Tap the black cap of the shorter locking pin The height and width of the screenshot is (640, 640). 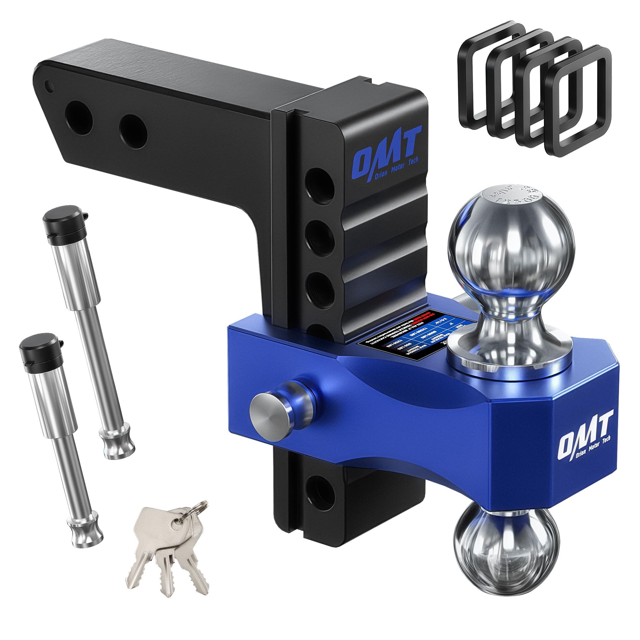[x=34, y=350]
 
